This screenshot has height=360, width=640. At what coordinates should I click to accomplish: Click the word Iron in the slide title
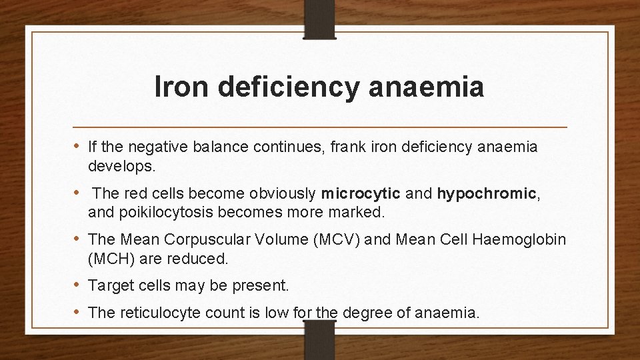point(175,87)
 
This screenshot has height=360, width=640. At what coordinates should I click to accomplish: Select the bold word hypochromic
point(487,195)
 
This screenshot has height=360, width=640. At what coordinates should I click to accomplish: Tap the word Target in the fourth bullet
point(110,286)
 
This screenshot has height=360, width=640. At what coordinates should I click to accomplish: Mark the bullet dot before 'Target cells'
point(77,286)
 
